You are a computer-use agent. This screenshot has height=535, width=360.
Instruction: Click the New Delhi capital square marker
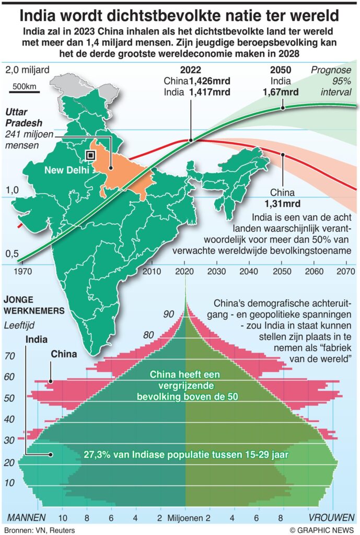(90, 155)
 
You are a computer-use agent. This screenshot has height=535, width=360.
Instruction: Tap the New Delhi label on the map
(65, 170)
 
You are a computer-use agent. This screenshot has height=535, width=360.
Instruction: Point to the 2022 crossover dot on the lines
(191, 140)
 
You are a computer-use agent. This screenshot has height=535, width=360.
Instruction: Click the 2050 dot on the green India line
(283, 108)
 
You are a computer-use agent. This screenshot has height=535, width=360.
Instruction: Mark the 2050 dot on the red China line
(283, 155)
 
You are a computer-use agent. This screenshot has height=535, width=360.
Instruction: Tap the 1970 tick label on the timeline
(22, 271)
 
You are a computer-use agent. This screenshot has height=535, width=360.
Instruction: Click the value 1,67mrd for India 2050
(282, 92)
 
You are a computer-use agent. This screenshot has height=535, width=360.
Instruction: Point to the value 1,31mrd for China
(283, 203)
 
